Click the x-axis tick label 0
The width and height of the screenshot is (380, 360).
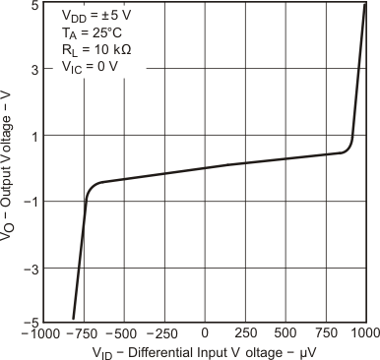tap(205, 332)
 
